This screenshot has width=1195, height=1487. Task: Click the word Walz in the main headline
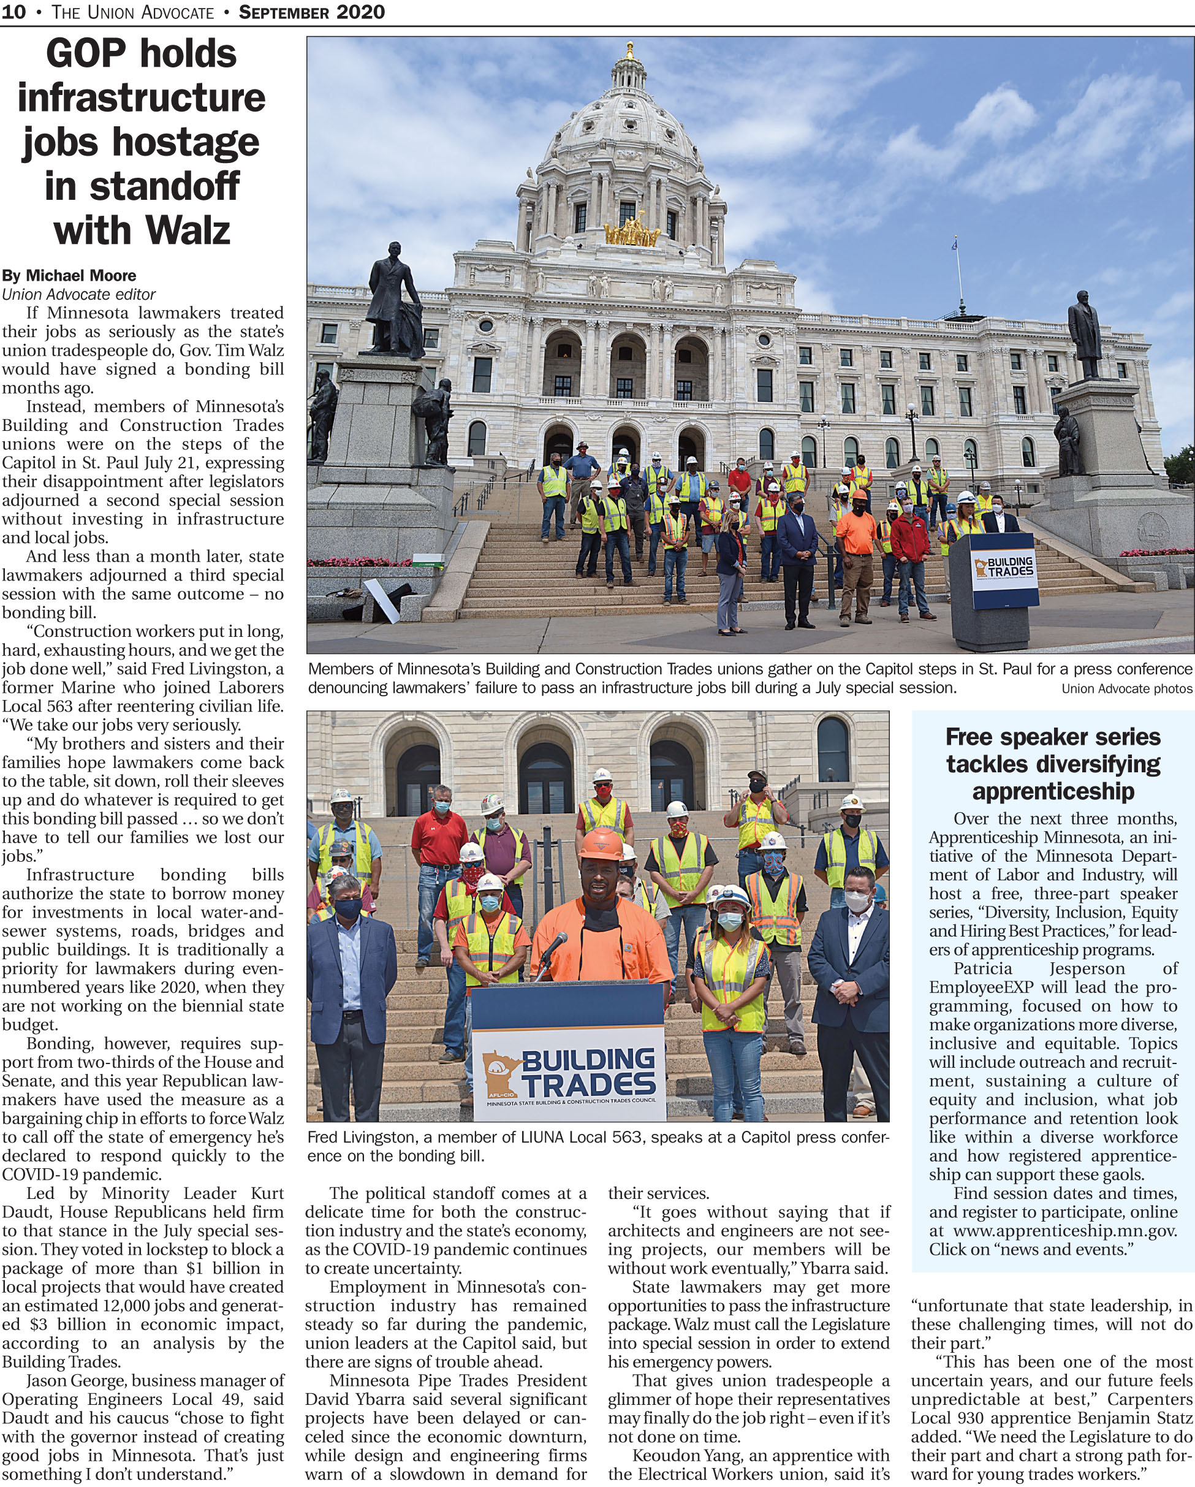pyautogui.click(x=188, y=230)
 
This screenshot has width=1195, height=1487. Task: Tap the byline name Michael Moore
pyautogui.click(x=81, y=276)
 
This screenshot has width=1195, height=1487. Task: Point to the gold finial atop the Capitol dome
pyautogui.click(x=629, y=50)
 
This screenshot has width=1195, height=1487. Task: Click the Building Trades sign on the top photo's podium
pyautogui.click(x=1004, y=568)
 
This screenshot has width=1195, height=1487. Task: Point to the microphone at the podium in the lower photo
pyautogui.click(x=556, y=944)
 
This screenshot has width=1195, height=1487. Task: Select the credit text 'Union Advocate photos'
pyautogui.click(x=1126, y=688)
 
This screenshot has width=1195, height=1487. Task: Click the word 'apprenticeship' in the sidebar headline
pyautogui.click(x=1052, y=791)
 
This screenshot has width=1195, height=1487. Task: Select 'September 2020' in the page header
pyautogui.click(x=312, y=12)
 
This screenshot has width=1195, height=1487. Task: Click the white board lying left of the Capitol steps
pyautogui.click(x=382, y=600)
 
